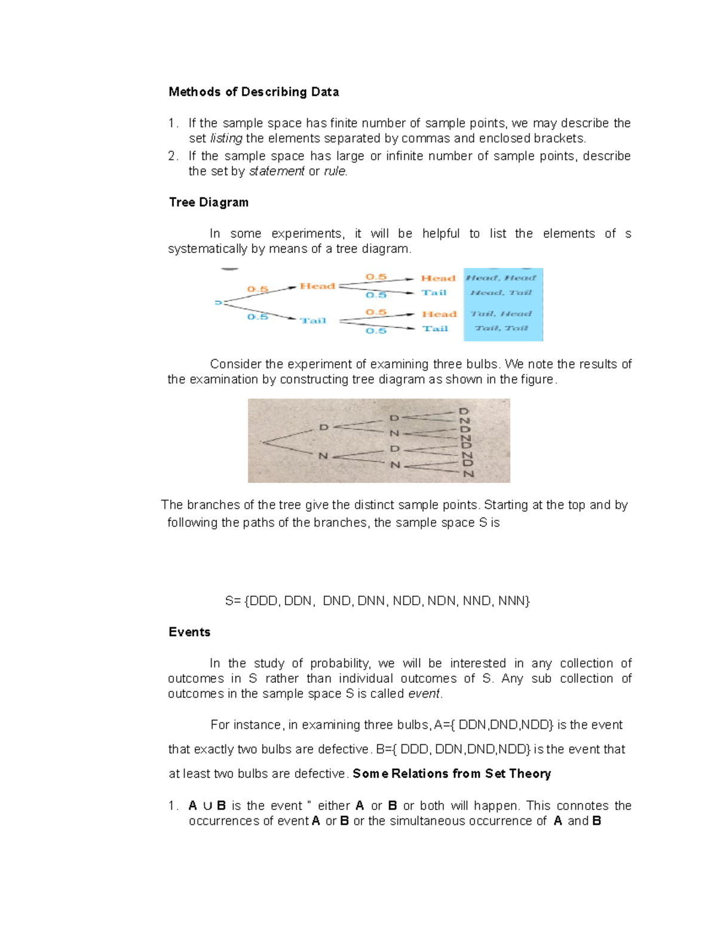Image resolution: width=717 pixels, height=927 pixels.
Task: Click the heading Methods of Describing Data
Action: coord(253,92)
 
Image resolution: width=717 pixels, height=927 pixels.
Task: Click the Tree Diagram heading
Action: coord(209,202)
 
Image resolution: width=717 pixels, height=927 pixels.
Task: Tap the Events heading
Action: coord(189,632)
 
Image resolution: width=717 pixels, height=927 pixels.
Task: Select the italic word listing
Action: coord(226,138)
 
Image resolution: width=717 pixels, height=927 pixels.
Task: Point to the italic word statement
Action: coord(277,171)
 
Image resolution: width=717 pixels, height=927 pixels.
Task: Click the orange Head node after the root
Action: coord(317,287)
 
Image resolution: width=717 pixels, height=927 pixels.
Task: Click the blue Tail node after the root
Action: coord(313,321)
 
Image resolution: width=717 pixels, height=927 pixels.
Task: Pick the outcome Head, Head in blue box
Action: coord(501,278)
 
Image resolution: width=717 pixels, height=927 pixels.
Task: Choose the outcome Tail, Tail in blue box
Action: coord(501,328)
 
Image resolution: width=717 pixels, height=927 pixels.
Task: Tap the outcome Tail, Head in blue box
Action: coord(501,313)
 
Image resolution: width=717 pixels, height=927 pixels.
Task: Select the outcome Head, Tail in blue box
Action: coord(501,292)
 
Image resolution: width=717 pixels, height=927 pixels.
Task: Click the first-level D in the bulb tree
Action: coord(323,427)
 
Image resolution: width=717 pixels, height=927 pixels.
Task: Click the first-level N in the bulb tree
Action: coord(323,456)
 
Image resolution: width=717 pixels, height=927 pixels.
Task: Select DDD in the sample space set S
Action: coord(263,601)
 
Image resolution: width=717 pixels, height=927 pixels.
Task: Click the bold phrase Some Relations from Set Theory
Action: coord(452,774)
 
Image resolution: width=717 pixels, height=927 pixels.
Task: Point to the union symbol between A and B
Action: coord(207,806)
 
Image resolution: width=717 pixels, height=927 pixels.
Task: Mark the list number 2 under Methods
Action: coord(173,156)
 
